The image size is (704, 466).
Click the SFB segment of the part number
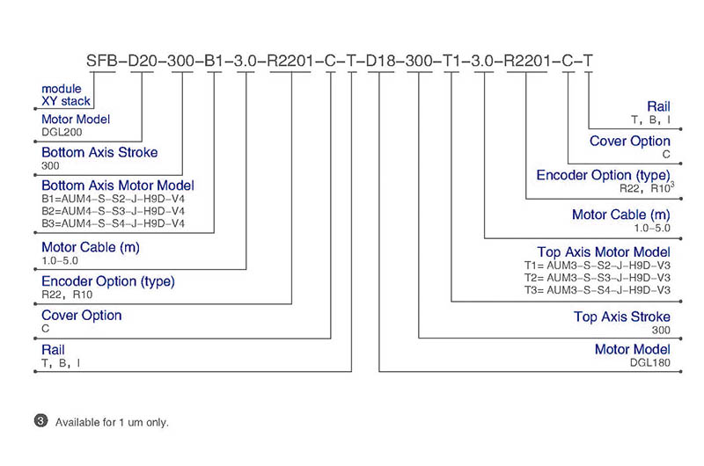click(101, 61)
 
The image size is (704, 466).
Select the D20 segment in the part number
click(143, 61)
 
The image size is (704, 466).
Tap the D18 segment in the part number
click(380, 61)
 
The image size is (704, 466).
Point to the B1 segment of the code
click(214, 61)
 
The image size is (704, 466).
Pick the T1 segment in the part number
click(451, 61)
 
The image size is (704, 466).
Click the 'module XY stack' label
click(66, 95)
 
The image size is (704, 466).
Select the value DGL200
click(62, 132)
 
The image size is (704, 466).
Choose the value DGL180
click(649, 362)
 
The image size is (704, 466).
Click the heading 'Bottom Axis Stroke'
click(99, 152)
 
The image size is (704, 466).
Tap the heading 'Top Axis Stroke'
click(622, 317)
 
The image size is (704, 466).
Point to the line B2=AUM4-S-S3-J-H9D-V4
click(114, 211)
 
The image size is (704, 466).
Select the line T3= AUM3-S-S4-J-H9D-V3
click(598, 290)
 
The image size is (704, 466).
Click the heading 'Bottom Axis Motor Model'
click(118, 186)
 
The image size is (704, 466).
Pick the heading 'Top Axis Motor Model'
click(604, 252)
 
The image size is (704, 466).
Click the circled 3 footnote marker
click(40, 420)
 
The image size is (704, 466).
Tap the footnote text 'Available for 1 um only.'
click(112, 423)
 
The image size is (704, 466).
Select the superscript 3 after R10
click(672, 184)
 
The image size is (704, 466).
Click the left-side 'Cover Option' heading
click(81, 316)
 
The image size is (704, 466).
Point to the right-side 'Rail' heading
click(658, 106)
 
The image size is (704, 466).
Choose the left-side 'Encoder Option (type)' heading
click(108, 281)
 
